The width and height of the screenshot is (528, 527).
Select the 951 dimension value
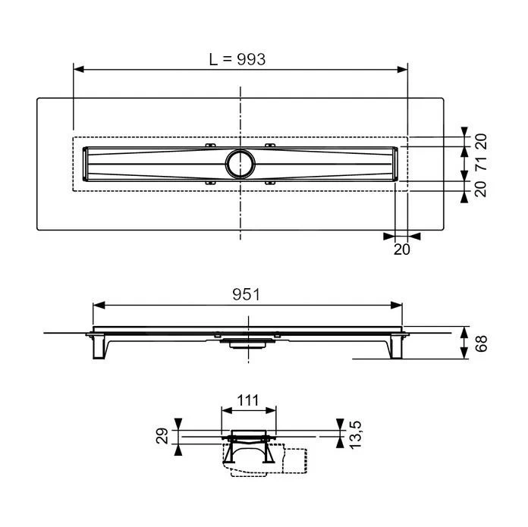[247, 295]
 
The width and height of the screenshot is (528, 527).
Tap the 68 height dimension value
[480, 343]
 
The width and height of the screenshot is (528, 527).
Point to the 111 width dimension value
[248, 400]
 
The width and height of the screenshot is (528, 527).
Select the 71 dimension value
[480, 163]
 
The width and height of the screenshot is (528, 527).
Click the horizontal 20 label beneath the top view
[401, 248]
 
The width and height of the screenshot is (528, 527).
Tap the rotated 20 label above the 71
[480, 140]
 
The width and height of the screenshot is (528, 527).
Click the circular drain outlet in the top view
[240, 162]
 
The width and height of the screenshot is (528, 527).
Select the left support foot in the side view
[99, 347]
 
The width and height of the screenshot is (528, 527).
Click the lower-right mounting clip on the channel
[271, 183]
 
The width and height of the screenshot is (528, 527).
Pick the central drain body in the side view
[243, 342]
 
